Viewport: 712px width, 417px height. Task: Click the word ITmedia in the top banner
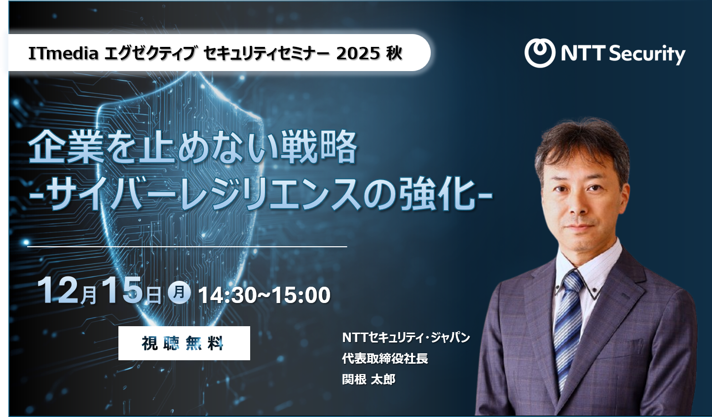click(63, 53)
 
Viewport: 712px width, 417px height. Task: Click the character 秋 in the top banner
click(394, 53)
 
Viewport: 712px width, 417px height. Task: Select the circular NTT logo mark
click(540, 53)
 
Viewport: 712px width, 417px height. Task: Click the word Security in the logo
click(647, 54)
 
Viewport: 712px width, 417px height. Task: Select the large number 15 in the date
click(123, 291)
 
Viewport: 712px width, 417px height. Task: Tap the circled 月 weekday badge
click(179, 292)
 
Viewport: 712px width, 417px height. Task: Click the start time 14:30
click(227, 295)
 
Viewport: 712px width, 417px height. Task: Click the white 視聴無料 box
click(184, 343)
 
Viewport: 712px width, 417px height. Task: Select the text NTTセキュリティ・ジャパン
click(406, 338)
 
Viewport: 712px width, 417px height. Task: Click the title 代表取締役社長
click(385, 358)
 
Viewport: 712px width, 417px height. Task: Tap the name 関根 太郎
click(369, 379)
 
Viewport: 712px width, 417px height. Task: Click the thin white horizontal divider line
click(187, 246)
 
